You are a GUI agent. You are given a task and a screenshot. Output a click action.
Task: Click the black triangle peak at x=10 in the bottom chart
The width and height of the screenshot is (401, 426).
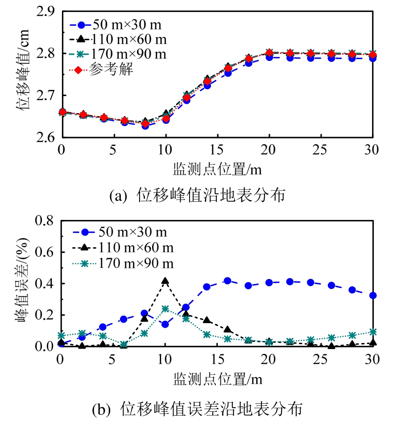point(165,281)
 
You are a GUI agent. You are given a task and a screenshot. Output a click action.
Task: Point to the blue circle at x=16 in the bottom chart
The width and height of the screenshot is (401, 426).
point(227,281)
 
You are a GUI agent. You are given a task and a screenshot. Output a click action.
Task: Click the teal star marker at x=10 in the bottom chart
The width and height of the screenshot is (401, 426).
point(165,308)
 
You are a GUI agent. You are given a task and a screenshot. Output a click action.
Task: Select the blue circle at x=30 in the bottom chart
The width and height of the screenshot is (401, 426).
point(373,295)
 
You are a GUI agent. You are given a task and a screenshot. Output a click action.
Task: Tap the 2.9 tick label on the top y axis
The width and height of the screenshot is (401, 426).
point(45,12)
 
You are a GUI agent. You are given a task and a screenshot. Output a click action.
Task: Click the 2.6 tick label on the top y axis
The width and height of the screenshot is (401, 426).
point(45,138)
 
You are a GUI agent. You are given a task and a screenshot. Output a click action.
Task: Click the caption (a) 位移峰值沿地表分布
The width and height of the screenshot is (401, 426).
point(197,195)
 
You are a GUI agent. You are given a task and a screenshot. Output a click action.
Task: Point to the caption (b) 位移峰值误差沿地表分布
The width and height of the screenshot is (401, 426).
point(197,409)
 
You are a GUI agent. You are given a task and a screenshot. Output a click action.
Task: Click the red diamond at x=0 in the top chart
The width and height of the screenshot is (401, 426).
point(62,112)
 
